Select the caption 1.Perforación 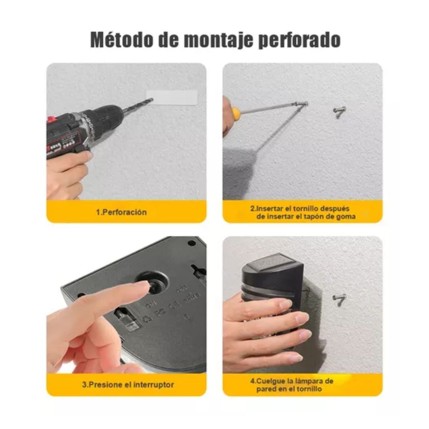[x=122, y=212]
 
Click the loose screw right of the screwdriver [x=339, y=112]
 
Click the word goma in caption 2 [x=346, y=216]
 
